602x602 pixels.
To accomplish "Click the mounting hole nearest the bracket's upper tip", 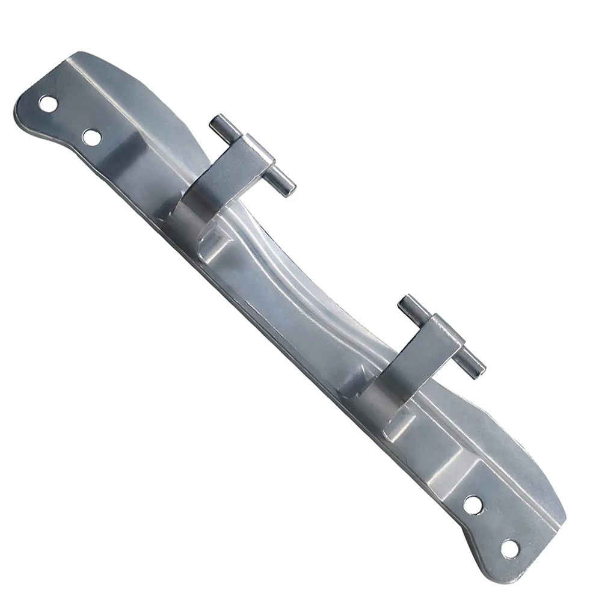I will click(x=48, y=103).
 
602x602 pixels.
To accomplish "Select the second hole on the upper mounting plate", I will click(x=91, y=138).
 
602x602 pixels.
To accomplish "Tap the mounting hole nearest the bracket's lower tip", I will click(x=509, y=548).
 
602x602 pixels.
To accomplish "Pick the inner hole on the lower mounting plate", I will click(x=473, y=504).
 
